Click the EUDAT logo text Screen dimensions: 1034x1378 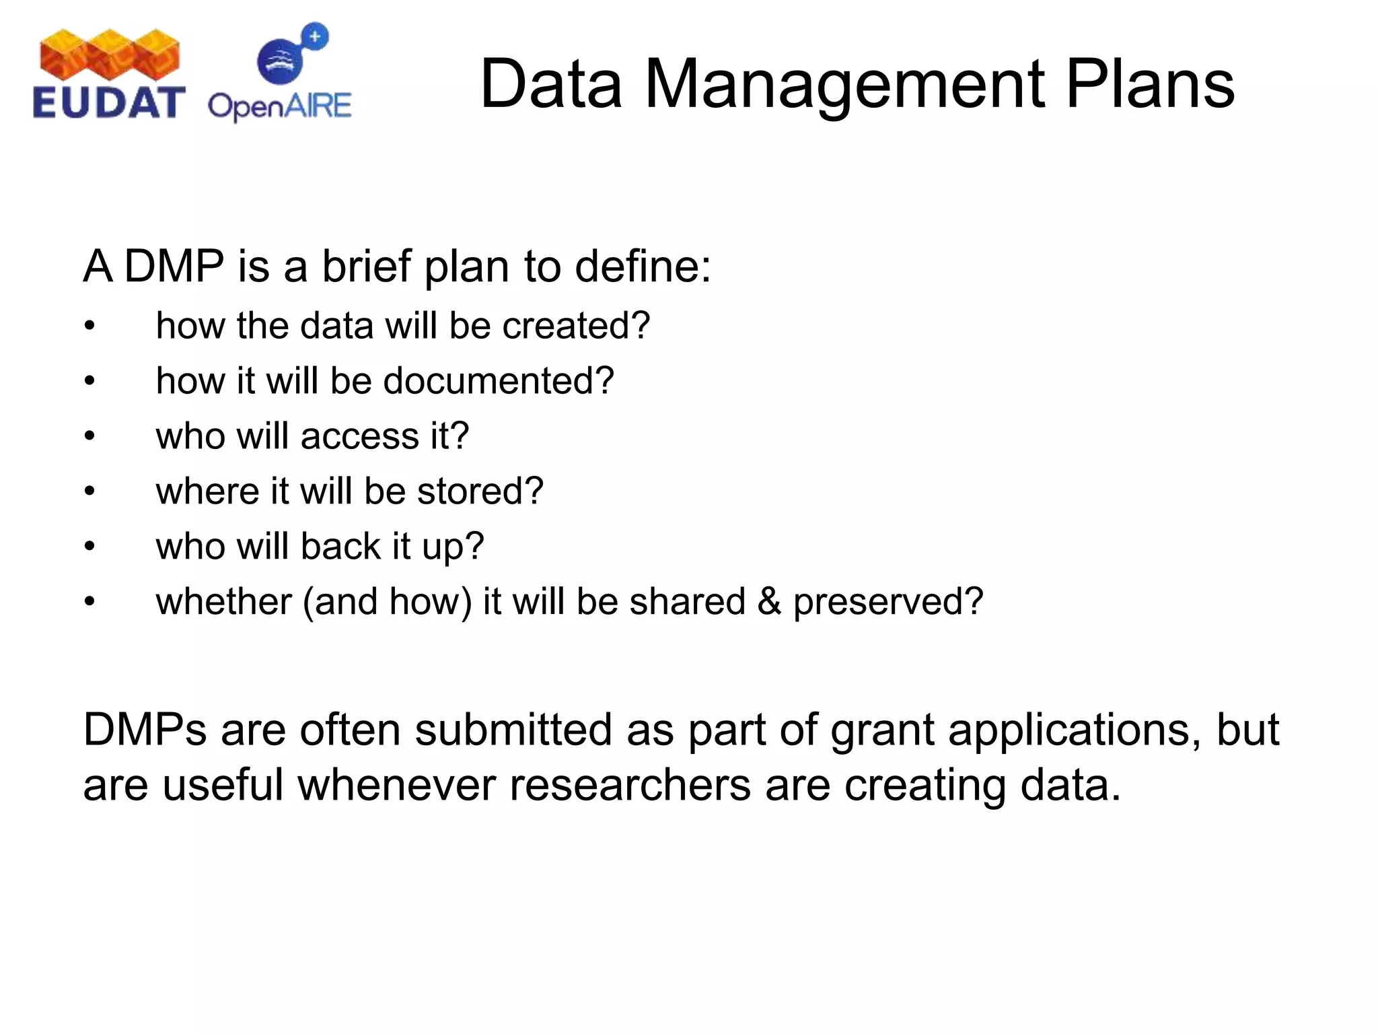(108, 103)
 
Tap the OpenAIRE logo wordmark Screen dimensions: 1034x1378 (279, 106)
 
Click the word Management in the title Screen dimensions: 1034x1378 (844, 84)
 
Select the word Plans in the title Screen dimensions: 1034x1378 (1151, 84)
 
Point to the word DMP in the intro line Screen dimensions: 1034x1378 (174, 267)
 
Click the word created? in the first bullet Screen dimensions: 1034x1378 (576, 326)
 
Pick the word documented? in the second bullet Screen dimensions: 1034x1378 (499, 381)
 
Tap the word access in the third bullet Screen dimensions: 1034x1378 (360, 436)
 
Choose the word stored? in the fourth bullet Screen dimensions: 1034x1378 (480, 491)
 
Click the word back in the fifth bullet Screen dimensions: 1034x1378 (341, 546)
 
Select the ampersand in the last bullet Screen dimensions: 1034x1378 (769, 602)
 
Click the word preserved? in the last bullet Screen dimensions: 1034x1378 (888, 602)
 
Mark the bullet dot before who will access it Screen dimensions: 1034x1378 (90, 437)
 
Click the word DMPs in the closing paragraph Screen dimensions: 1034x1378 (145, 730)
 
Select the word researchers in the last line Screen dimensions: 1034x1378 (630, 785)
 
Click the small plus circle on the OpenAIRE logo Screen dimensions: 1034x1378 (315, 36)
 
